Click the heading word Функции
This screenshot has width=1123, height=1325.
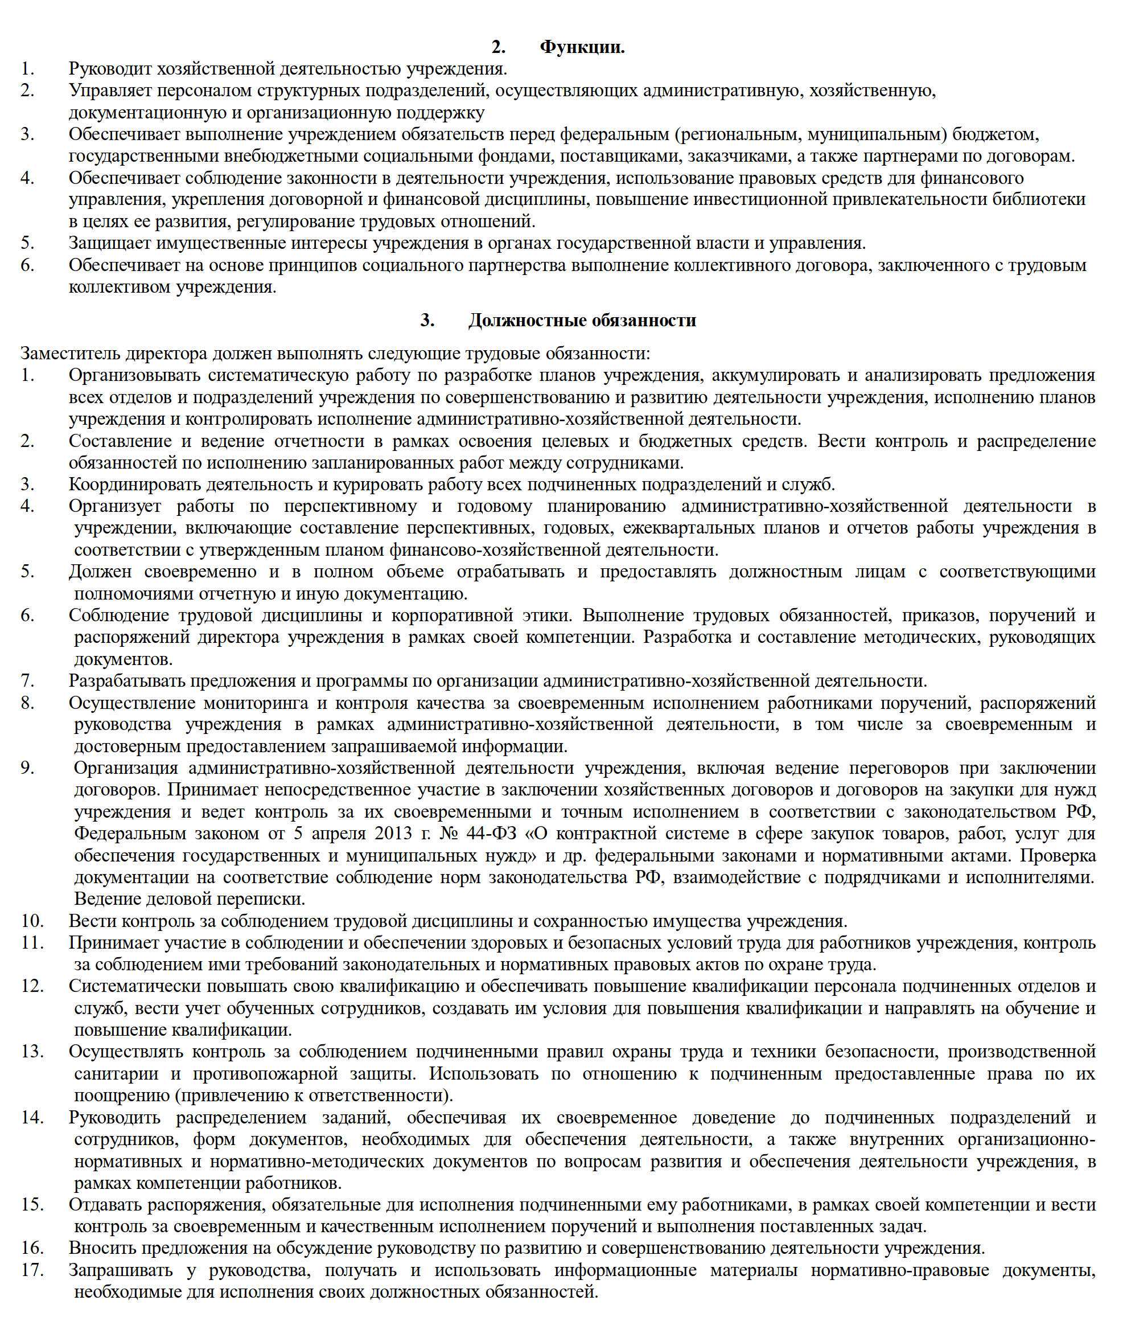coord(582,47)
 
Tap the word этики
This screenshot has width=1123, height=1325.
coord(544,615)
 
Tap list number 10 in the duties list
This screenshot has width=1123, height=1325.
coord(32,921)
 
